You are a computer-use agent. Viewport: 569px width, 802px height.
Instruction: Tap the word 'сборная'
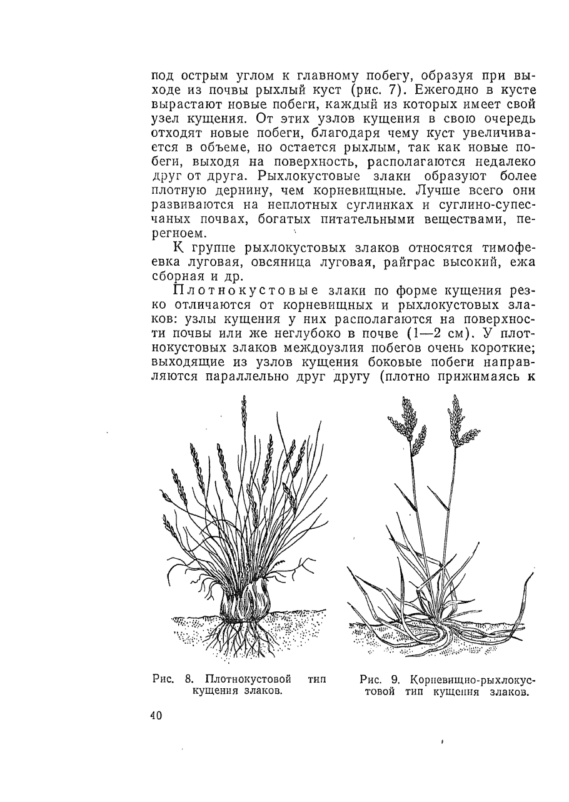coord(181,277)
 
